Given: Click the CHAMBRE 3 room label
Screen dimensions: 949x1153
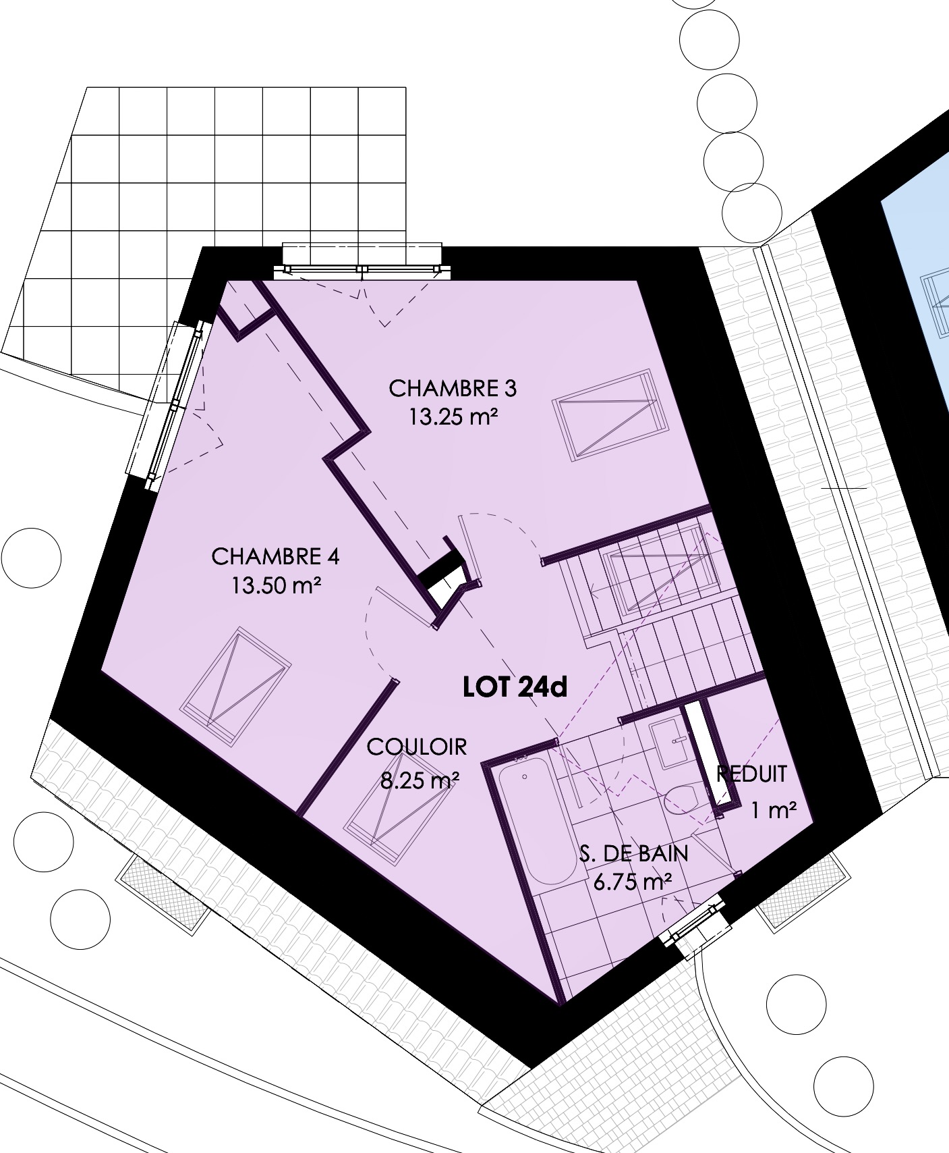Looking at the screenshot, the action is [x=453, y=389].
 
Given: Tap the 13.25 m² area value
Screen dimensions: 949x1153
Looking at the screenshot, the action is [x=453, y=417].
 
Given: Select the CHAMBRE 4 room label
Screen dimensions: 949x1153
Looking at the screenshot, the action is [x=275, y=557].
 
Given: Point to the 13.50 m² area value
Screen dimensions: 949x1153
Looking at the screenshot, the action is [x=275, y=585].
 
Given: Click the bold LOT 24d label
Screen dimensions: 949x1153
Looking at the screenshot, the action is [x=515, y=687].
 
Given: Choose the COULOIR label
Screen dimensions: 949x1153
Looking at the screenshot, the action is [x=417, y=747].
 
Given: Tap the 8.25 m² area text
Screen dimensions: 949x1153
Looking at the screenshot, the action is [x=420, y=781].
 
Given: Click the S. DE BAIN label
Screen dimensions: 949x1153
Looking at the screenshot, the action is [x=634, y=853].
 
